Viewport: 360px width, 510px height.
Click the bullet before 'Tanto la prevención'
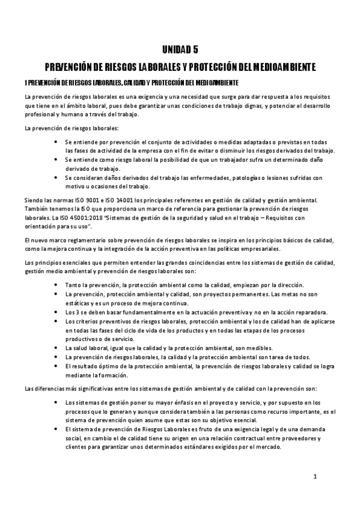(56, 284)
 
